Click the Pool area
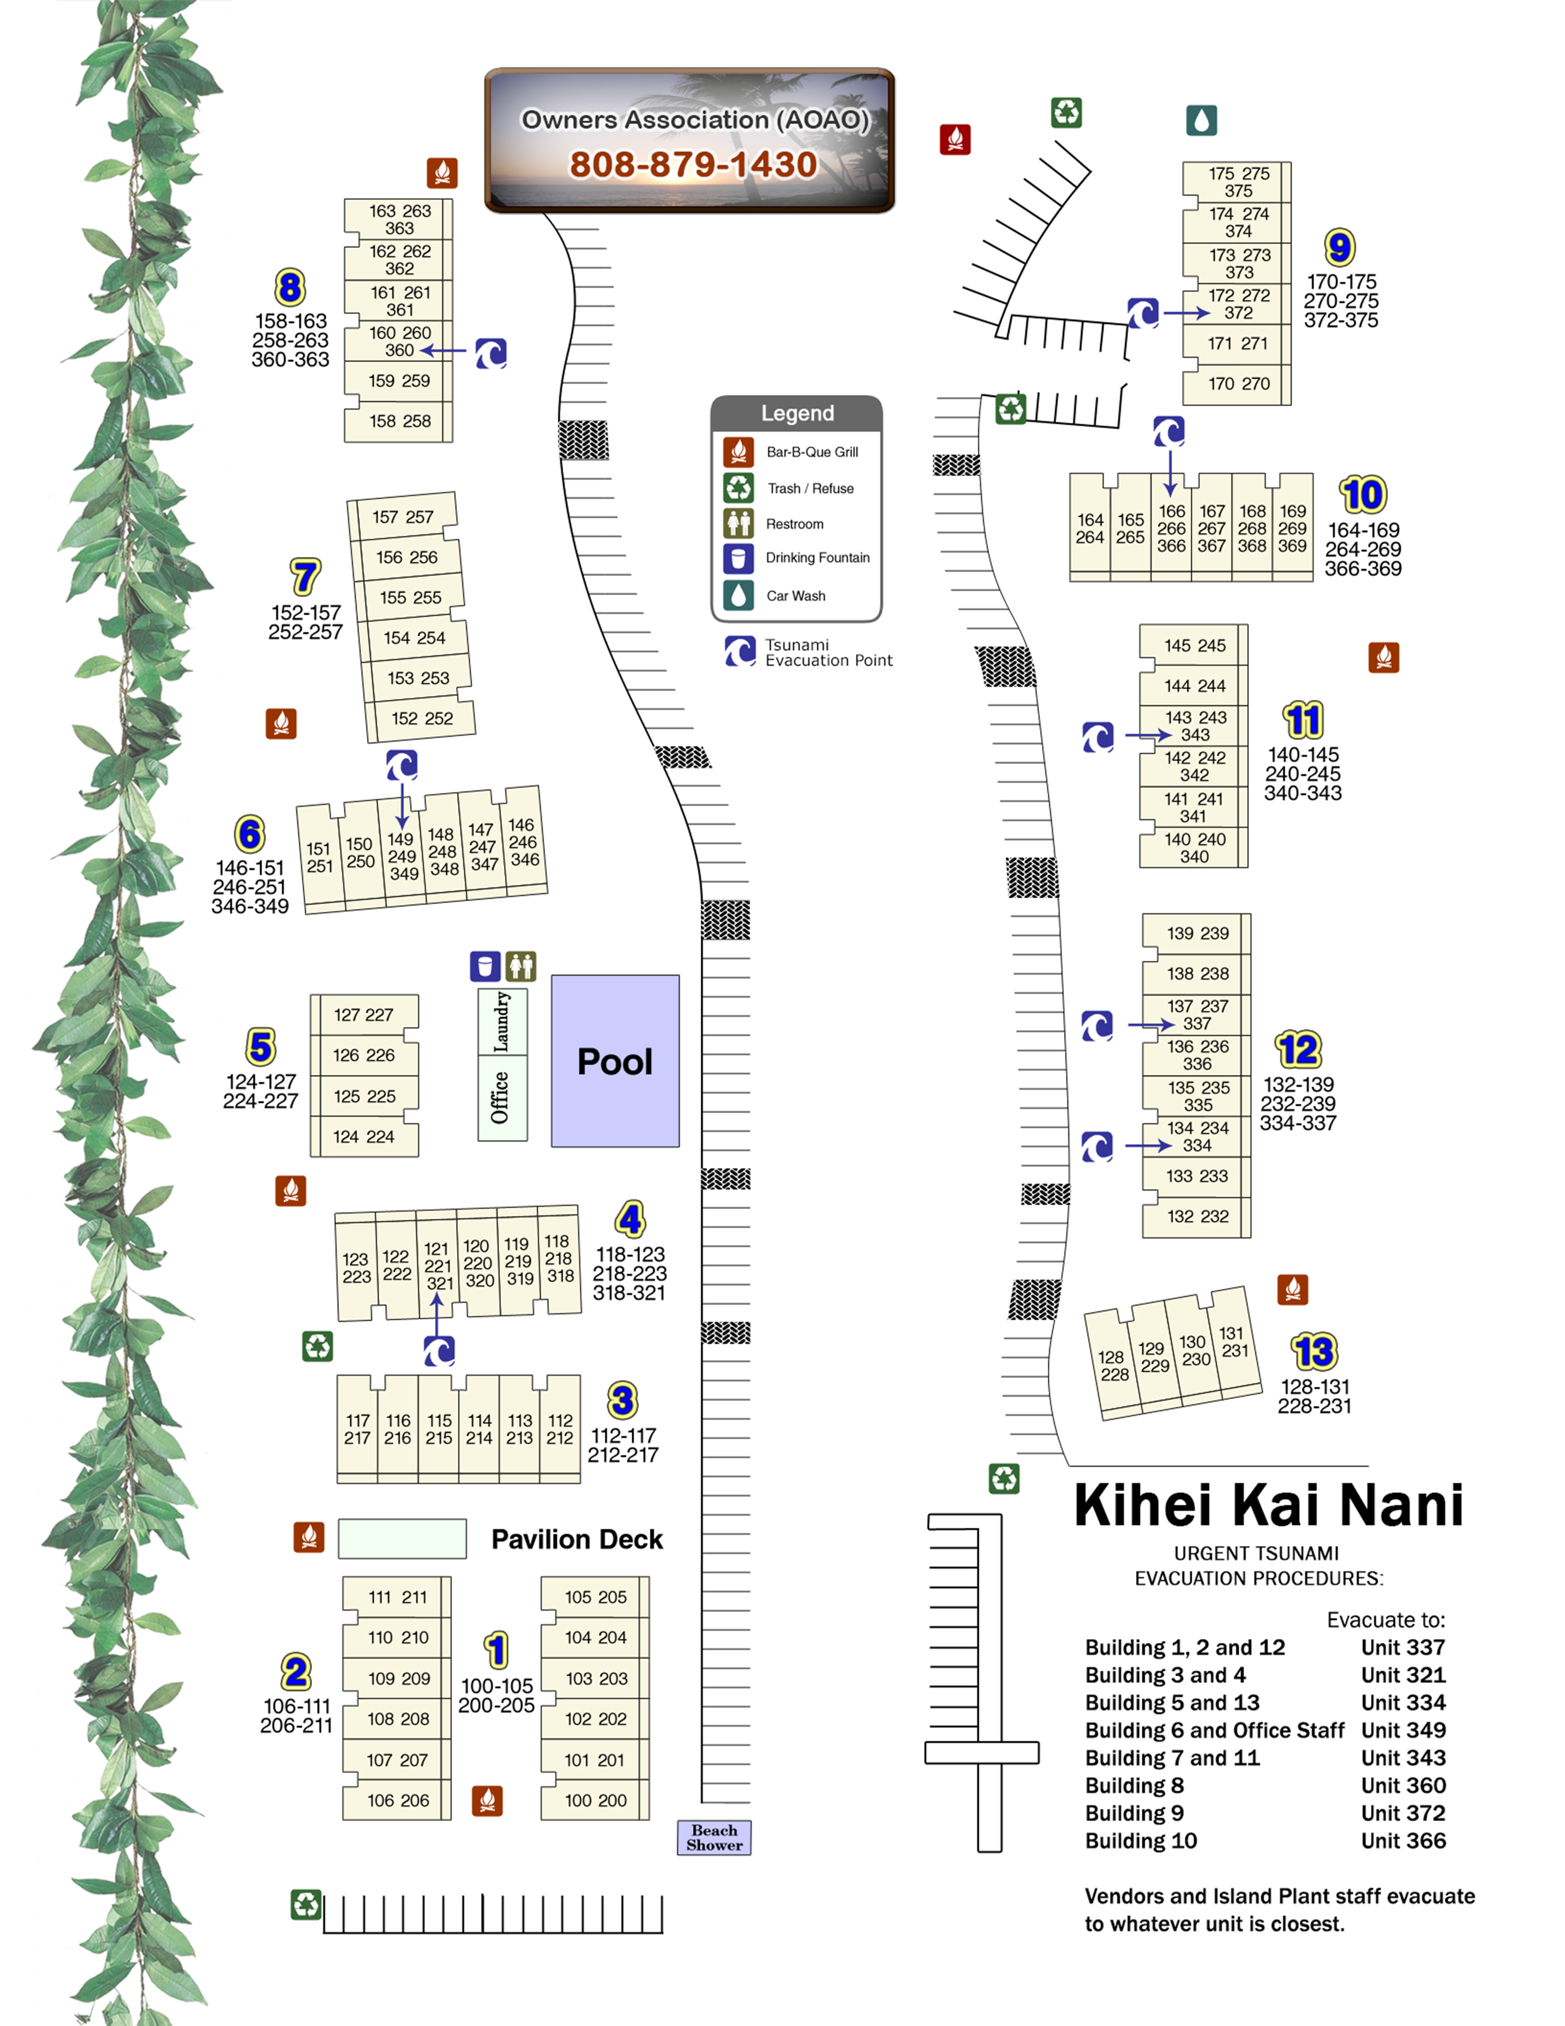pos(615,1060)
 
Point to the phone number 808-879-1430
pos(693,164)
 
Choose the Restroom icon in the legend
pos(739,523)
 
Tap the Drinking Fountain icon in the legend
pos(739,557)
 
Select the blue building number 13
pos(1315,1351)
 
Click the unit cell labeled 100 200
pos(595,1800)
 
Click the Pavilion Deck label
pos(577,1539)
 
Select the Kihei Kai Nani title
pos(1268,1504)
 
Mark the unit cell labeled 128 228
pos(1113,1365)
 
